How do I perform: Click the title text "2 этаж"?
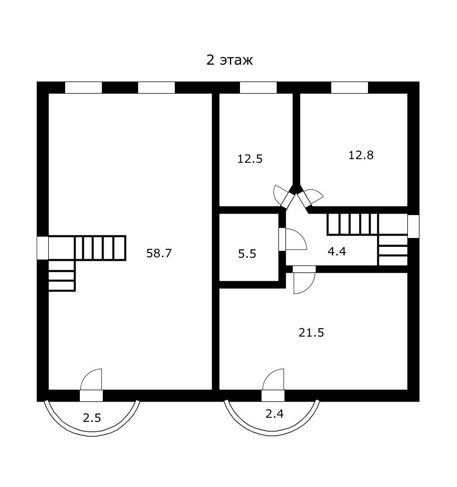coord(229,60)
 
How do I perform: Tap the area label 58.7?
coord(159,253)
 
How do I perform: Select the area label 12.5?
coord(250,159)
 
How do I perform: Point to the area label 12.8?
coord(361,155)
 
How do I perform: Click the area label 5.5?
coord(247,254)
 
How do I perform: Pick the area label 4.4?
coord(336,251)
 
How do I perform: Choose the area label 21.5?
coord(311,332)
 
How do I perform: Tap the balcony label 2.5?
coord(92,418)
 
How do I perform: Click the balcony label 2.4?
coord(275,414)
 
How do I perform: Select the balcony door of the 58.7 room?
coord(91,395)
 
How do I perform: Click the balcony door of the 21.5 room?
coord(273,395)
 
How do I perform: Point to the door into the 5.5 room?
coord(282,239)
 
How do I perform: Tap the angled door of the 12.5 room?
coord(288,199)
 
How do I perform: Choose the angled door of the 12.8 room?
coord(304,199)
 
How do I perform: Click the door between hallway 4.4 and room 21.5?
coord(304,269)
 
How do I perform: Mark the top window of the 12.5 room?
coord(258,88)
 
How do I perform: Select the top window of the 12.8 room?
coord(350,88)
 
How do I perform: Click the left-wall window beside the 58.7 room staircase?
coord(42,248)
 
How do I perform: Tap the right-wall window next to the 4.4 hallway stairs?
coord(413,227)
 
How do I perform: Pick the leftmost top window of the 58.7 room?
coord(84,88)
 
